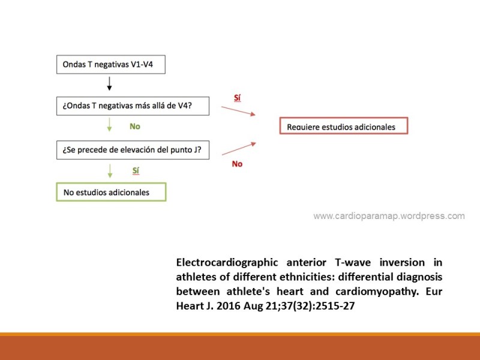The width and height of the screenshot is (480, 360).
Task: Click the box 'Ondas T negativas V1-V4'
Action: [111, 65]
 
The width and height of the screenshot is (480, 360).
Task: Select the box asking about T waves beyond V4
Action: [133, 106]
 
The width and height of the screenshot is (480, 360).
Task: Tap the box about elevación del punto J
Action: [133, 150]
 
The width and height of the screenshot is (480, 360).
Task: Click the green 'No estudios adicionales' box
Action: [111, 192]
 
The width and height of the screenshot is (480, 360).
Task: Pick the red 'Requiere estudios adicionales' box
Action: [343, 127]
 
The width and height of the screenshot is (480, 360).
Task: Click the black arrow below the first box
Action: [109, 84]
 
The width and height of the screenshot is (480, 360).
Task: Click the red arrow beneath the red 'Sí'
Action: [238, 110]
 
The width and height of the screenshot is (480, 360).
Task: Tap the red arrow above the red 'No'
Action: [238, 148]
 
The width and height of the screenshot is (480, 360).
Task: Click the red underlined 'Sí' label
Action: [238, 98]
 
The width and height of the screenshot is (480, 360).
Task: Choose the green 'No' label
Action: [135, 127]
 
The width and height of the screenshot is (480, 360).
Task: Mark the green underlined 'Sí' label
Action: [136, 171]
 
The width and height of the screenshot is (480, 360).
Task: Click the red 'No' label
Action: [237, 164]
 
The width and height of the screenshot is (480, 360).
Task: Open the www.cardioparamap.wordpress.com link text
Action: [389, 216]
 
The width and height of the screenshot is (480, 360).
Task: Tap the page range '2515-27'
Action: [329, 306]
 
